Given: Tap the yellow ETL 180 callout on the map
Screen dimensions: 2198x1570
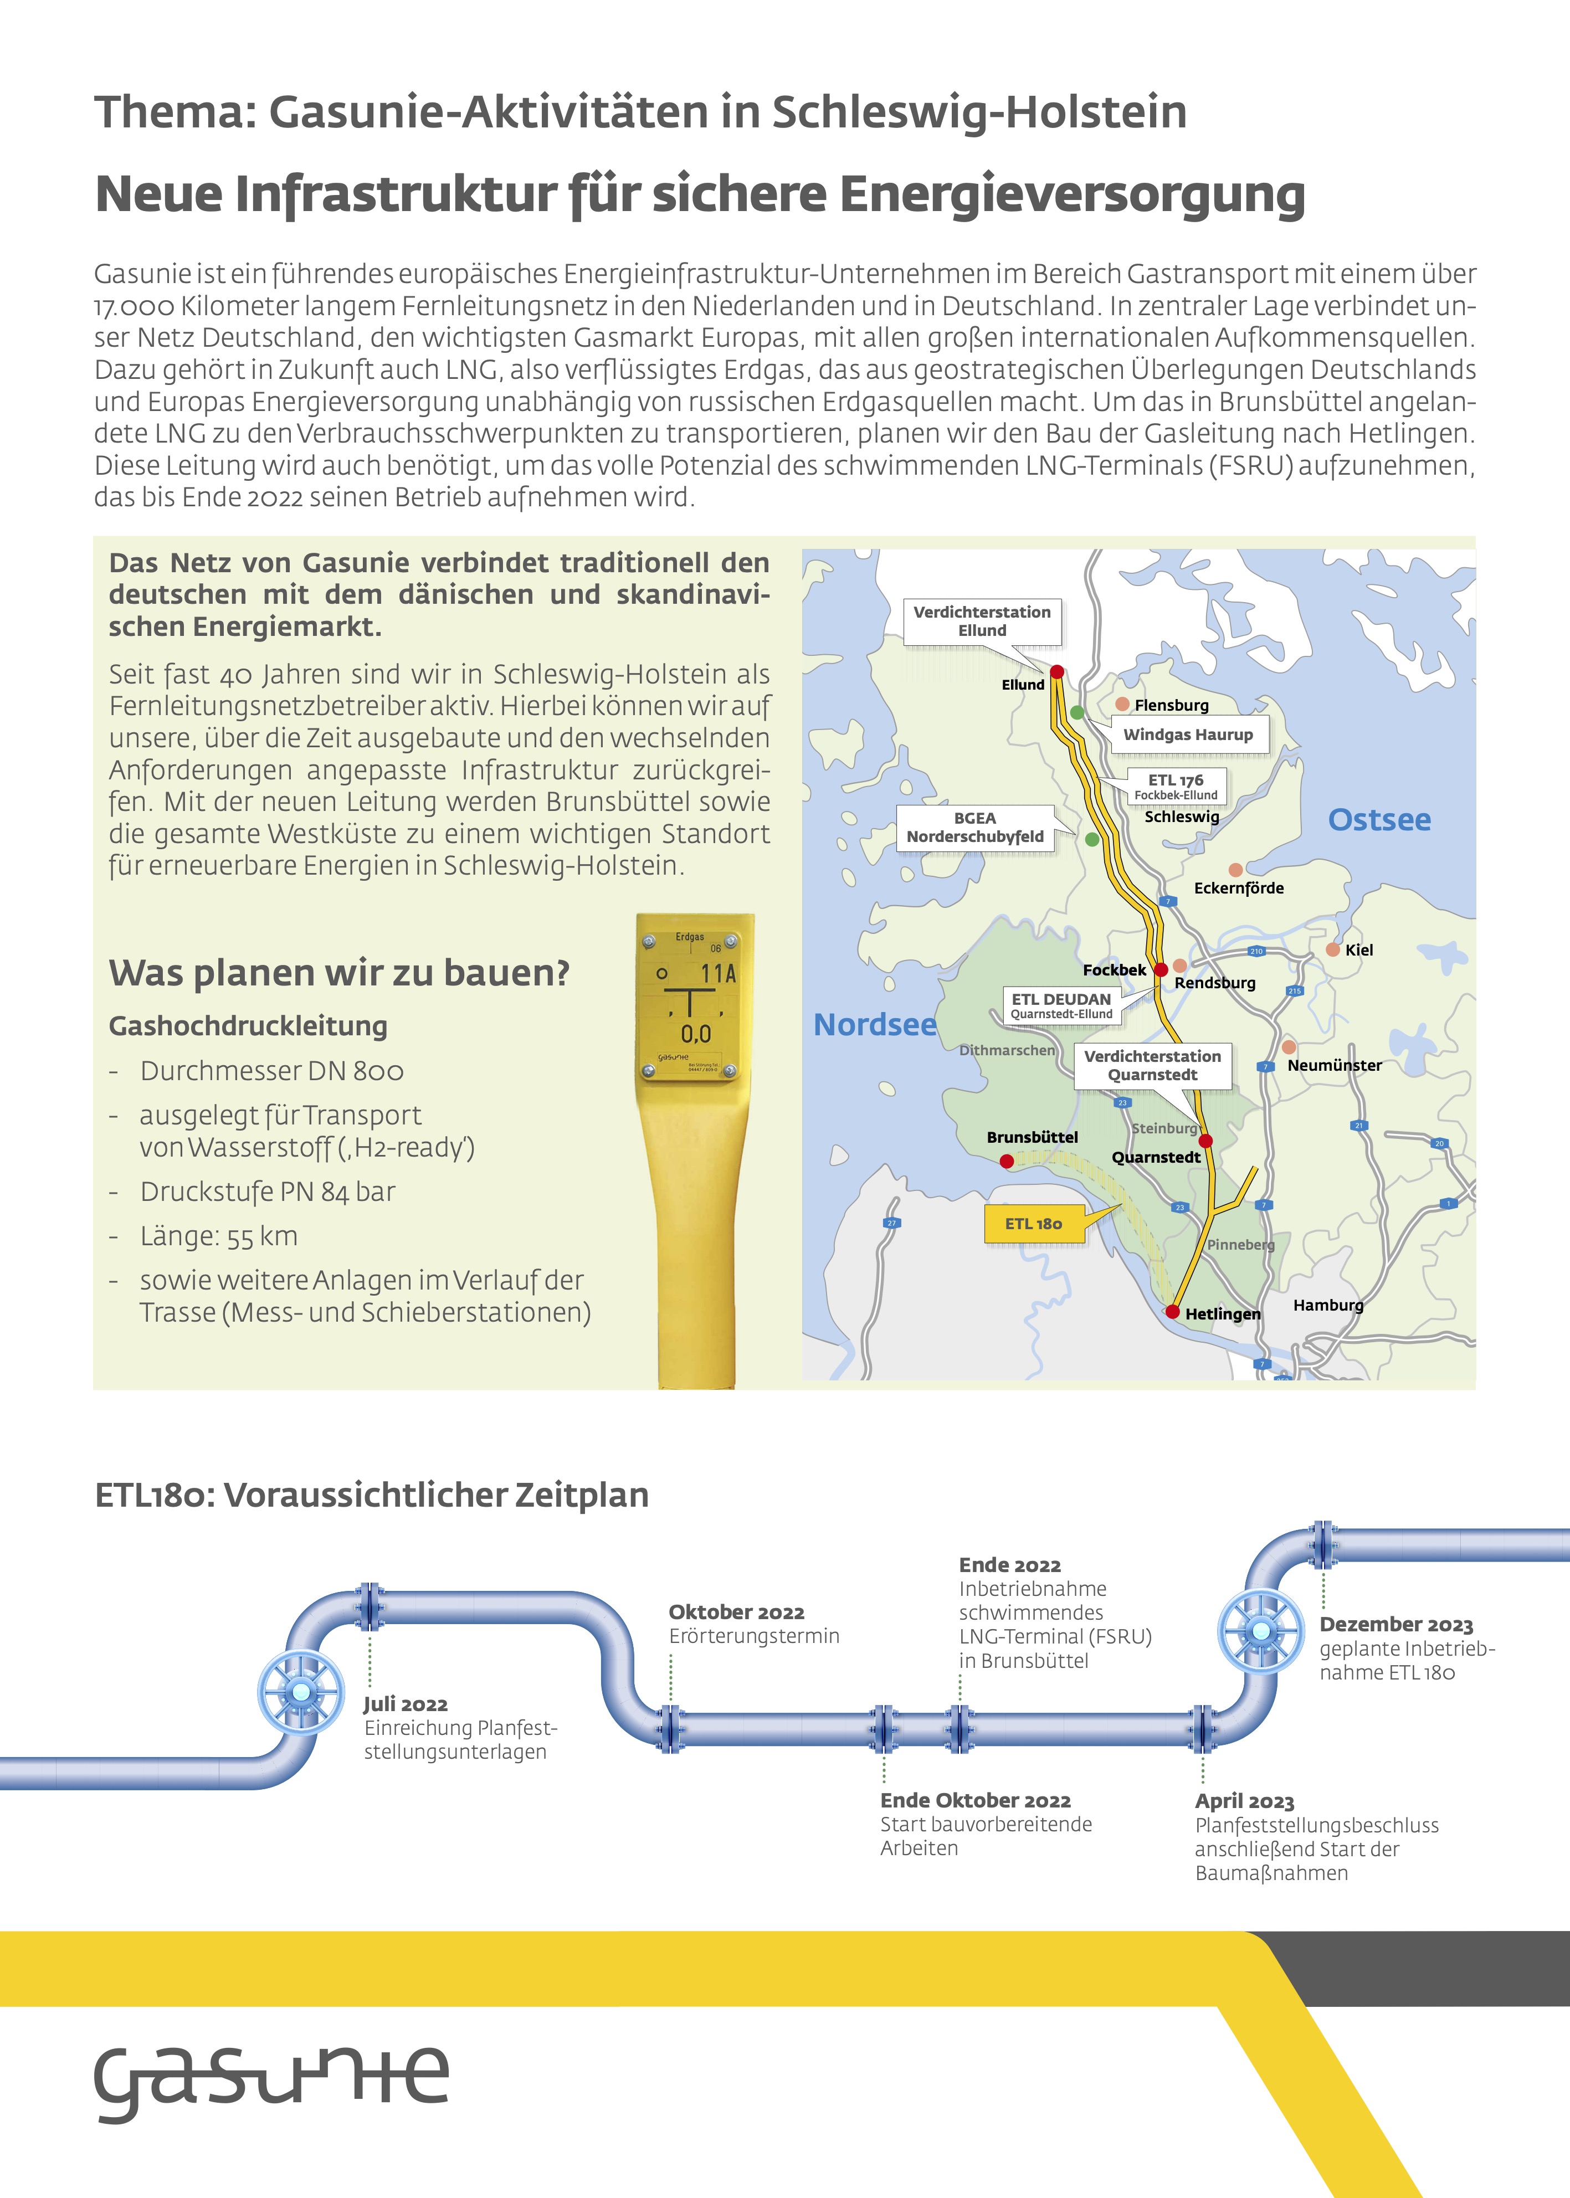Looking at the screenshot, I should pyautogui.click(x=1033, y=1224).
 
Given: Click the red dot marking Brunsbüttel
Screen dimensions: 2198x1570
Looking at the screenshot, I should pyautogui.click(x=1007, y=1161).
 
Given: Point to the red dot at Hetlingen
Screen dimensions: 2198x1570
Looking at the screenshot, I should pyautogui.click(x=1172, y=1312).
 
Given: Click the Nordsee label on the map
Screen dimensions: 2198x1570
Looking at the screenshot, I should pyautogui.click(x=875, y=1025).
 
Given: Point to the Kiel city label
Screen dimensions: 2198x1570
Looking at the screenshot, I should pyautogui.click(x=1358, y=950).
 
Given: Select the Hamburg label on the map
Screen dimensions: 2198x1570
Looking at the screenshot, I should pyautogui.click(x=1327, y=1305).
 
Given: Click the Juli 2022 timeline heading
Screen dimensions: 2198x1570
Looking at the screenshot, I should pyautogui.click(x=405, y=1704).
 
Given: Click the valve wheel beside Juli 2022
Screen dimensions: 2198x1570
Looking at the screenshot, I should pyautogui.click(x=301, y=1692).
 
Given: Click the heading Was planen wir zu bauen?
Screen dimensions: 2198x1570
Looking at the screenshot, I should pyautogui.click(x=340, y=972).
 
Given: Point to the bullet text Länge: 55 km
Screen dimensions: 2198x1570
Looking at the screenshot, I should pyautogui.click(x=218, y=1236).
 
